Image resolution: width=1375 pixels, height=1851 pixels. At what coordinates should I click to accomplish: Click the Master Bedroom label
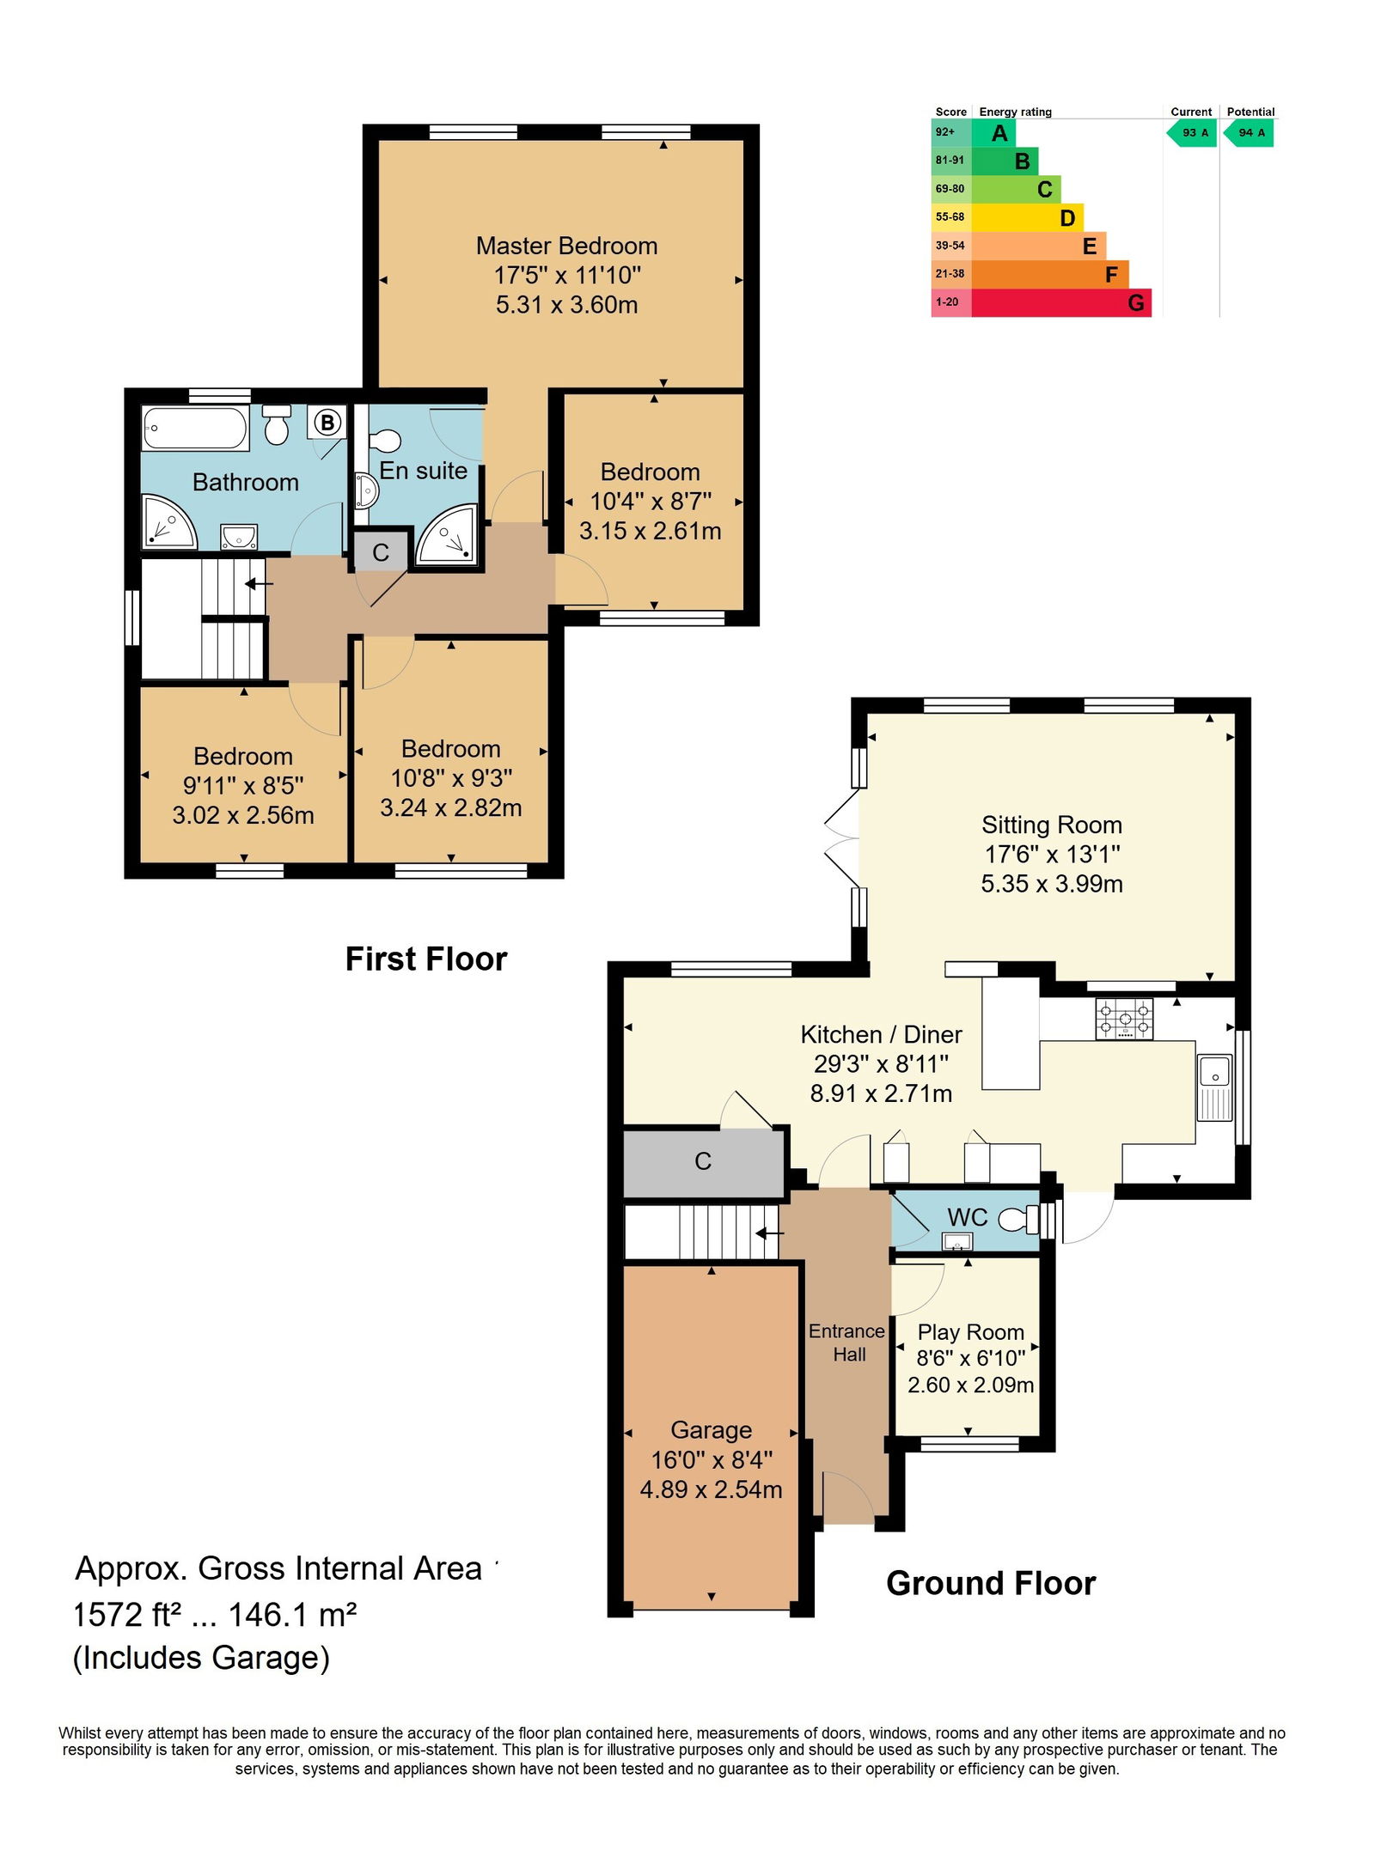[x=566, y=247]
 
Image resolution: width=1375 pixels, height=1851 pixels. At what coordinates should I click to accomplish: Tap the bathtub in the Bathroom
[x=196, y=428]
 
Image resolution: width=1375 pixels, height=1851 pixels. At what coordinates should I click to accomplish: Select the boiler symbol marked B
[x=327, y=423]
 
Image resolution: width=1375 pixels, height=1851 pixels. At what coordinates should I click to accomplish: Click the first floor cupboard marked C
[x=381, y=552]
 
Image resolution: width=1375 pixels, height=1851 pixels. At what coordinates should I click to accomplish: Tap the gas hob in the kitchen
[x=1124, y=1020]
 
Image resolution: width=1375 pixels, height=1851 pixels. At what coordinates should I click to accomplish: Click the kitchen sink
[x=1214, y=1087]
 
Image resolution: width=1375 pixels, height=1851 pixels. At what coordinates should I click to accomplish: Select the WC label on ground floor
[x=968, y=1217]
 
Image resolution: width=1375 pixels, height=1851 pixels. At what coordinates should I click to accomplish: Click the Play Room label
[x=970, y=1332]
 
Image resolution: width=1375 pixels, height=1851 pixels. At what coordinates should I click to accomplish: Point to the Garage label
[x=712, y=1430]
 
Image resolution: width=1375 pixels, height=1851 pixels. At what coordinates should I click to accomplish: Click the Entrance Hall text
[x=847, y=1343]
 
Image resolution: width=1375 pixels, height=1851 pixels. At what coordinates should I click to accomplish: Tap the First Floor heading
[x=426, y=959]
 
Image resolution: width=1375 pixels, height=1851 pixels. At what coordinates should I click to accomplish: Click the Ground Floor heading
[x=991, y=1584]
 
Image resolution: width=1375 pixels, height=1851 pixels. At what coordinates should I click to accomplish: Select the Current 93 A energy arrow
[x=1191, y=133]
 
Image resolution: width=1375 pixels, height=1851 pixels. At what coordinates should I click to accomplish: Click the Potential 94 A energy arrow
[x=1248, y=133]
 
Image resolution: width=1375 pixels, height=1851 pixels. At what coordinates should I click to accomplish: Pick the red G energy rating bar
[x=1061, y=302]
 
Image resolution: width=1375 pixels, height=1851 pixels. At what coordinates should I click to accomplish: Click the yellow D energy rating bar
[x=1027, y=217]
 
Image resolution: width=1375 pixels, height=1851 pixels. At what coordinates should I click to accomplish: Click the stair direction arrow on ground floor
[x=769, y=1233]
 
